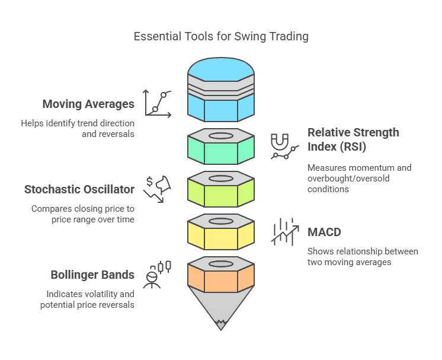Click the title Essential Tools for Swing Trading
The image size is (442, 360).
221,36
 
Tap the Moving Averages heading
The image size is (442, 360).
88,104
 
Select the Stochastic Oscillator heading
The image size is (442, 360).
79,190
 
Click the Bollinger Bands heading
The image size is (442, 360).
92,275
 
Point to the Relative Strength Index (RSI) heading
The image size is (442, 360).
353,139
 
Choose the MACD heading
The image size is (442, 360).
325,231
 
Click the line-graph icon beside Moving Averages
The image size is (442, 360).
158,103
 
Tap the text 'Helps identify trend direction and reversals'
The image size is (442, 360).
78,129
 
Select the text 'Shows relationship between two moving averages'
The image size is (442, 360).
363,257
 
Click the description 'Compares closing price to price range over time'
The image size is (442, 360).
85,214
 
